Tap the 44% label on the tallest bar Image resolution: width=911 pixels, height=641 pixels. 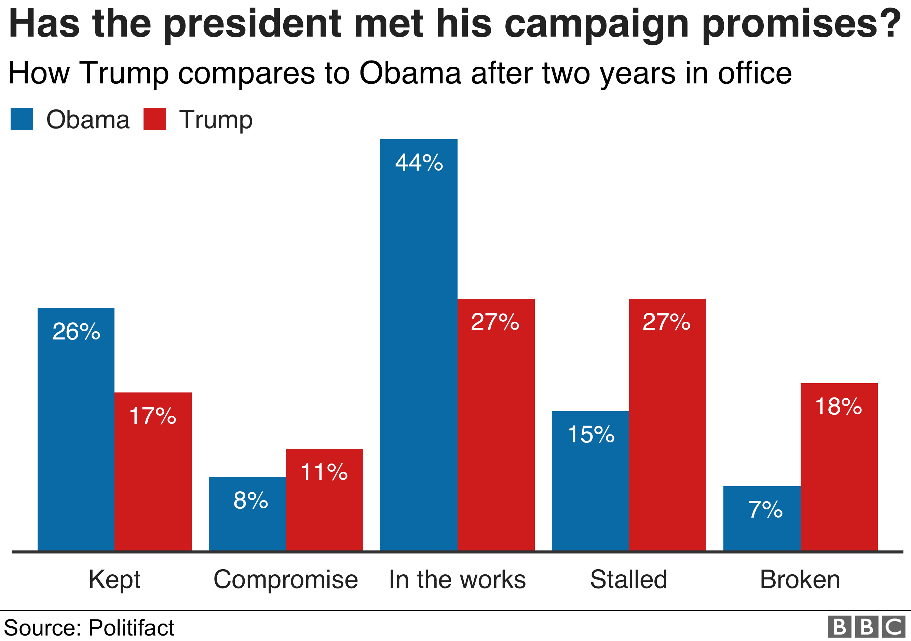pyautogui.click(x=419, y=163)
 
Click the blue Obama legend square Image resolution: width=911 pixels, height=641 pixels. pyautogui.click(x=22, y=119)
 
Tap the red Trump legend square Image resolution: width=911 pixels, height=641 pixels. pyautogui.click(x=154, y=119)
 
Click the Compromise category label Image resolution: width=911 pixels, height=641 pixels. pyautogui.click(x=286, y=579)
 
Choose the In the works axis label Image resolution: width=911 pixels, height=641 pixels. pyautogui.click(x=457, y=579)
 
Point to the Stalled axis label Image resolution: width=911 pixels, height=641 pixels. pyautogui.click(x=628, y=579)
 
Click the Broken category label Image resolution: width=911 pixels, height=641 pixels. pyautogui.click(x=800, y=579)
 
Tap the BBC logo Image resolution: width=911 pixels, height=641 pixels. pyautogui.click(x=867, y=627)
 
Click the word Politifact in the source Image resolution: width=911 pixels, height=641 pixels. pyautogui.click(x=131, y=628)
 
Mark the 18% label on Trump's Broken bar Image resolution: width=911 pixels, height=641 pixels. pyautogui.click(x=839, y=407)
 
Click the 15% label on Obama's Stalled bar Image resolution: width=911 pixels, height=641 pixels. pyautogui.click(x=591, y=434)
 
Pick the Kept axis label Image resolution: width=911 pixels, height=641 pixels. pyautogui.click(x=114, y=579)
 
